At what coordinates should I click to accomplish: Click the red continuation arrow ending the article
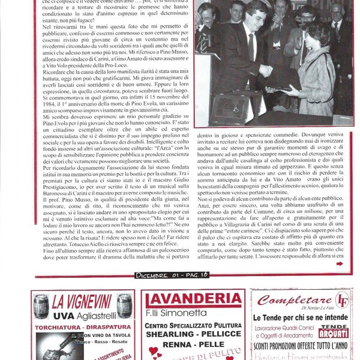(340, 263)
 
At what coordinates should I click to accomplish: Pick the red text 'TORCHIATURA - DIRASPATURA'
(83, 327)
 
